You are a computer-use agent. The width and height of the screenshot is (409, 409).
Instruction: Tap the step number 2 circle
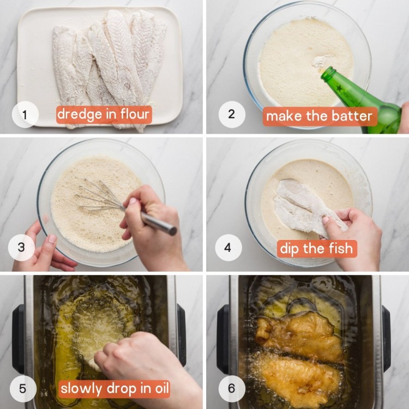click(232, 115)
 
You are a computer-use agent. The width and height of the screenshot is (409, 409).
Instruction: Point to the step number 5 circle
click(22, 389)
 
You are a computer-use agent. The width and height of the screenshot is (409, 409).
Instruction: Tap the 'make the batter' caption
click(320, 116)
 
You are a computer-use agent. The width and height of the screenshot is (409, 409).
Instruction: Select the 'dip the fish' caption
click(316, 249)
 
